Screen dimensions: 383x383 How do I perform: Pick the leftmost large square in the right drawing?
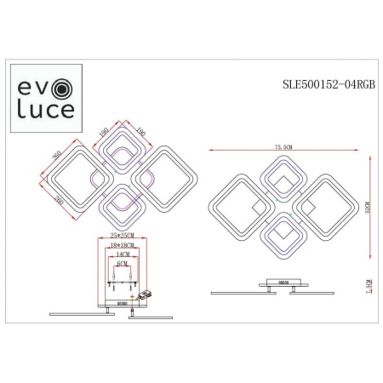[236, 205]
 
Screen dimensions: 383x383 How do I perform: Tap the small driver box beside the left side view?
[149, 293]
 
